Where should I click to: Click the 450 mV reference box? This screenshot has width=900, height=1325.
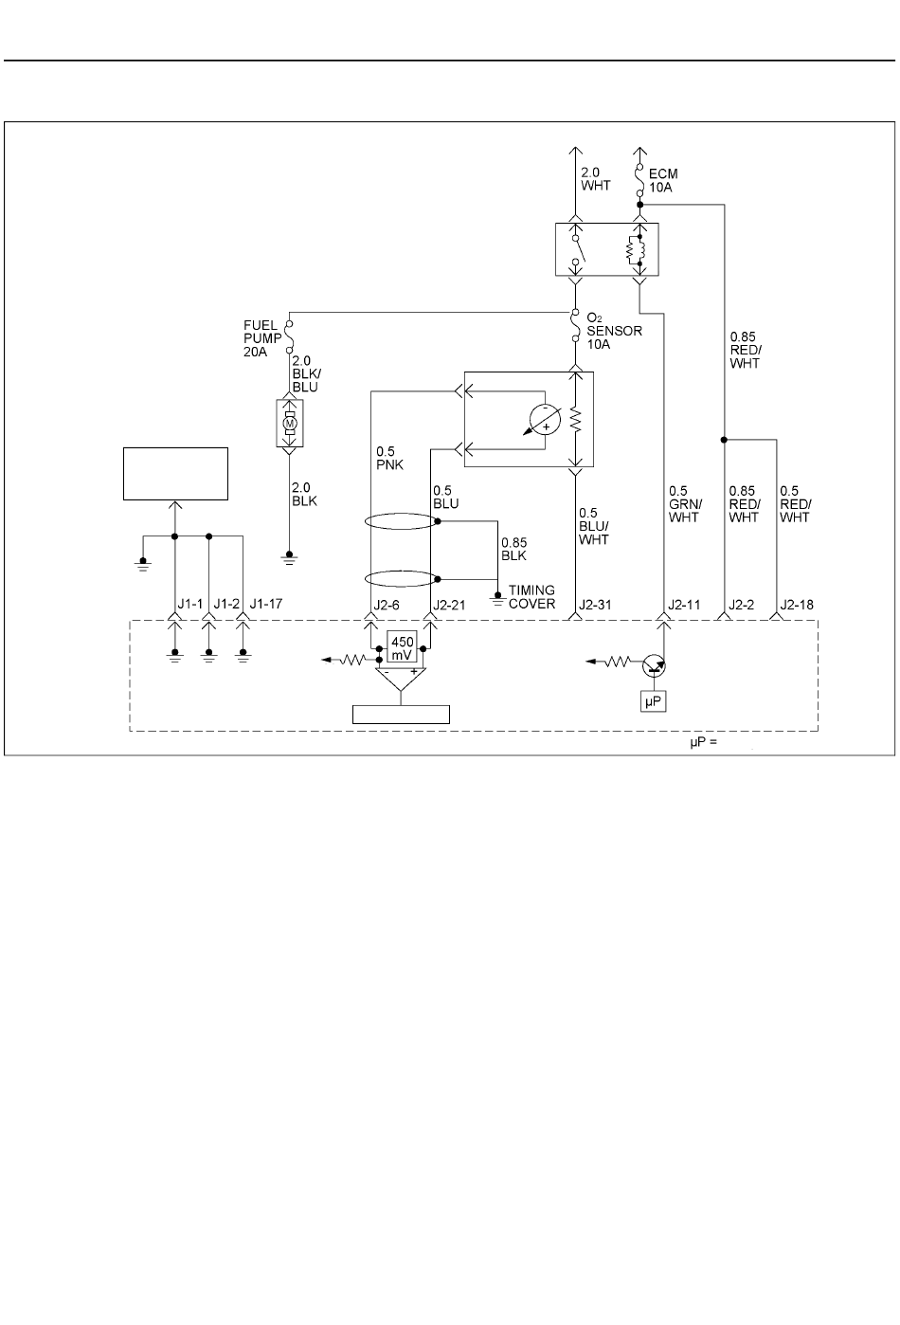pyautogui.click(x=402, y=647)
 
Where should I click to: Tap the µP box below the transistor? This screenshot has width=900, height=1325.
pyautogui.click(x=654, y=701)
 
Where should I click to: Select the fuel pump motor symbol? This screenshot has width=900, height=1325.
pyautogui.click(x=290, y=424)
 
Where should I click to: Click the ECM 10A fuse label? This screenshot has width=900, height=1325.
pyautogui.click(x=663, y=180)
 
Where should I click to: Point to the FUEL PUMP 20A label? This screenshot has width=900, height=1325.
pyautogui.click(x=262, y=338)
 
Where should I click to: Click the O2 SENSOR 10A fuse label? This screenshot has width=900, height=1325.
pyautogui.click(x=614, y=331)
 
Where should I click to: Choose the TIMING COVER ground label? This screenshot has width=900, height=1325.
pyautogui.click(x=531, y=597)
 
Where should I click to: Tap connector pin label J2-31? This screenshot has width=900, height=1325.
pyautogui.click(x=595, y=605)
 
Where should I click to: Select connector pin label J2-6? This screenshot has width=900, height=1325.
pyautogui.click(x=387, y=605)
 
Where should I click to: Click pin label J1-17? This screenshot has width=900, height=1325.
pyautogui.click(x=265, y=604)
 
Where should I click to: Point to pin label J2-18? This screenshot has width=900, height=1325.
pyautogui.click(x=797, y=605)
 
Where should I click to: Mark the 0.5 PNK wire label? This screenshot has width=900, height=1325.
pyautogui.click(x=389, y=459)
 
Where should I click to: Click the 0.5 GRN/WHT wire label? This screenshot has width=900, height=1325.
pyautogui.click(x=685, y=504)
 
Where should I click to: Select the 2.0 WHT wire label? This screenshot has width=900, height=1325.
pyautogui.click(x=595, y=178)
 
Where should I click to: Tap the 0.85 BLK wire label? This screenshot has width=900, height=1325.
pyautogui.click(x=513, y=549)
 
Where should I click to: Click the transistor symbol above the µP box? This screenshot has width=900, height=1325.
pyautogui.click(x=654, y=666)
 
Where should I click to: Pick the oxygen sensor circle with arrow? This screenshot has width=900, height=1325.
pyautogui.click(x=543, y=420)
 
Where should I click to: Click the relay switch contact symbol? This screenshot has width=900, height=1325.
pyautogui.click(x=577, y=249)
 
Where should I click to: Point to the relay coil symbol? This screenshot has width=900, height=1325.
pyautogui.click(x=635, y=249)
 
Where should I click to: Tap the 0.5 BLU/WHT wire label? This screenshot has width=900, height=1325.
pyautogui.click(x=594, y=526)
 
